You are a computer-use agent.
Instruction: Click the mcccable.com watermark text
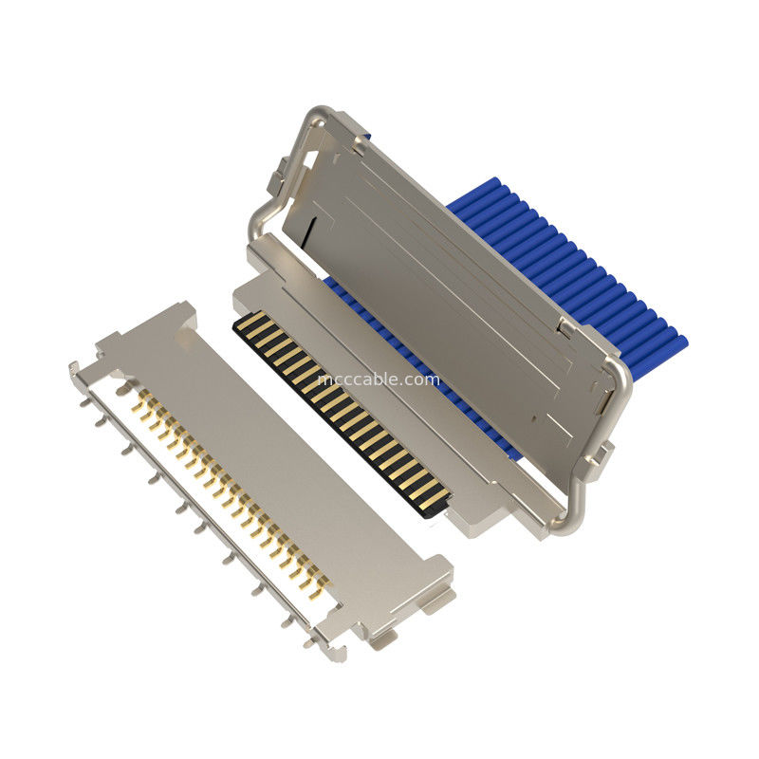point(379,379)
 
